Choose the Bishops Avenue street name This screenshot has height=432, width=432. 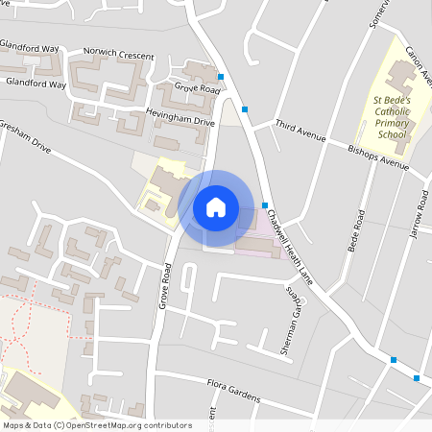tap(378, 158)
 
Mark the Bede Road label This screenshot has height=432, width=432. tap(356, 230)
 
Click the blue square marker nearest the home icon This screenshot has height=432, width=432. tap(265, 205)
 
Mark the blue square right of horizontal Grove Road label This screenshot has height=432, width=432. tap(222, 78)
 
